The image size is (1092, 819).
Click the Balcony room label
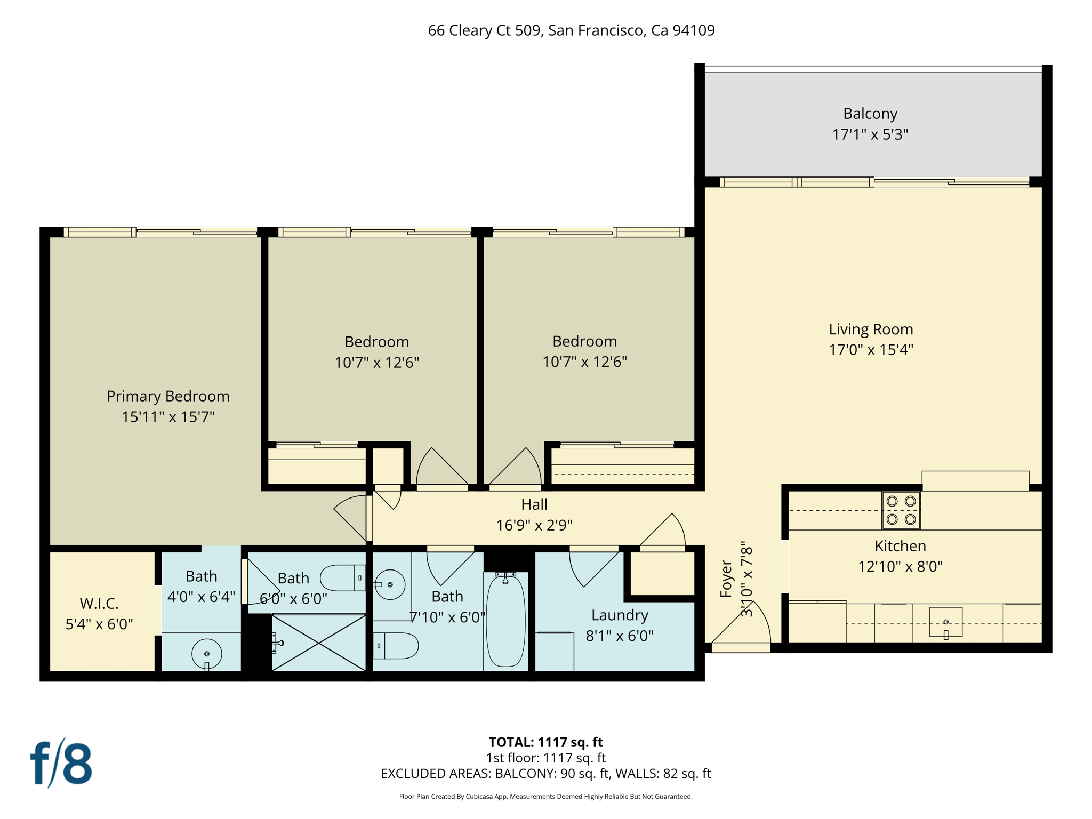pos(870,114)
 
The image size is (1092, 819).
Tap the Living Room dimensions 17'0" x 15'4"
pos(871,350)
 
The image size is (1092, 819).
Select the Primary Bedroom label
pos(168,396)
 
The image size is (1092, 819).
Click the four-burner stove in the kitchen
pos(901,510)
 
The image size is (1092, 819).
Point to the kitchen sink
pos(945,622)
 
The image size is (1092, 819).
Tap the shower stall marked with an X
pos(318,643)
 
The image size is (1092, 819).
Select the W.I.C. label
pos(99,604)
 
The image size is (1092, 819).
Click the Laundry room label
pos(620,615)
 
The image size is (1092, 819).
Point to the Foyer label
pos(726,579)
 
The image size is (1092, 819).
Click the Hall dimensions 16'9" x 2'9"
pos(534,525)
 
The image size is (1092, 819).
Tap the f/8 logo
pos(61,764)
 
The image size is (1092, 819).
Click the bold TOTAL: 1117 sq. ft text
pos(545,742)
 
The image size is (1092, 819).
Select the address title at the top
pos(571,30)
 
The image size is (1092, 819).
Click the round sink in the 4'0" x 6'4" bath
pos(206,654)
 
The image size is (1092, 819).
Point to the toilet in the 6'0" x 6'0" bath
pos(341,578)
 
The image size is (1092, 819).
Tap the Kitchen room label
pos(900,546)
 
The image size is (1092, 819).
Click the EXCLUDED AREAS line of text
pos(545,774)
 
